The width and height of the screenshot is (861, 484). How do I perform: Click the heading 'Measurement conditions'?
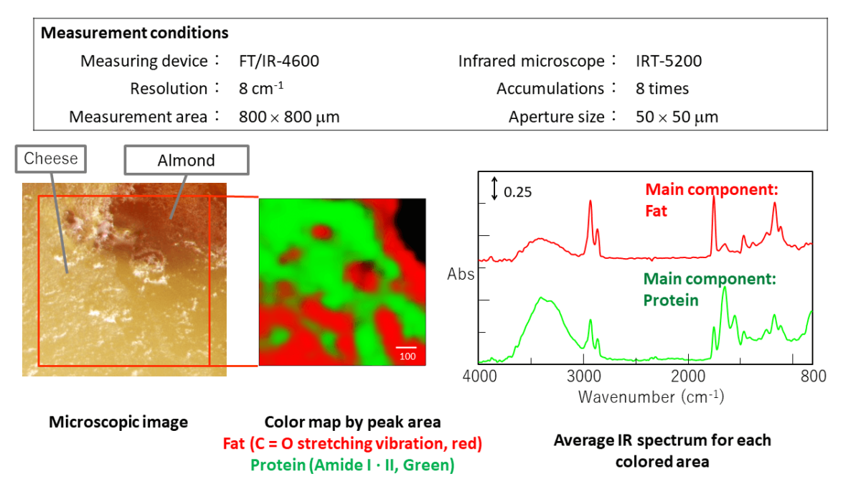[x=135, y=33]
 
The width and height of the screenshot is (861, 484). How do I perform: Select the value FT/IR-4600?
[x=279, y=61]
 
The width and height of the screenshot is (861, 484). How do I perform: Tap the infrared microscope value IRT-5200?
[x=669, y=61]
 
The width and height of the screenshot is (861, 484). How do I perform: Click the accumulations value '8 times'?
[x=662, y=89]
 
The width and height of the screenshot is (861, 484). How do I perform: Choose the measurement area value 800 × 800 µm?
[x=289, y=117]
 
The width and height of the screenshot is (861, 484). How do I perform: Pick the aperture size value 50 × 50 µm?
[x=677, y=117]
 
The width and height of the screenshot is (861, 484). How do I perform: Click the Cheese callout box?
[x=50, y=158]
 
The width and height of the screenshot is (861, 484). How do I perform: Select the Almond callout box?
[x=186, y=161]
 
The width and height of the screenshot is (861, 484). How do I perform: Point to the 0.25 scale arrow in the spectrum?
[x=494, y=189]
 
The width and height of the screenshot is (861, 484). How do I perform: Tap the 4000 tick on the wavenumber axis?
[x=480, y=376]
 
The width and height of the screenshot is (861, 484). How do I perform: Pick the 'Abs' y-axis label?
[x=461, y=273]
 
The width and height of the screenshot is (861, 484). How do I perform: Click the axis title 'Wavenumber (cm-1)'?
[x=651, y=396]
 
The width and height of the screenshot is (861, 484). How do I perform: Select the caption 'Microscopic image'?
[x=118, y=422]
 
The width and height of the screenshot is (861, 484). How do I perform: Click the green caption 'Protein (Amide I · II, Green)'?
[x=352, y=465]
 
